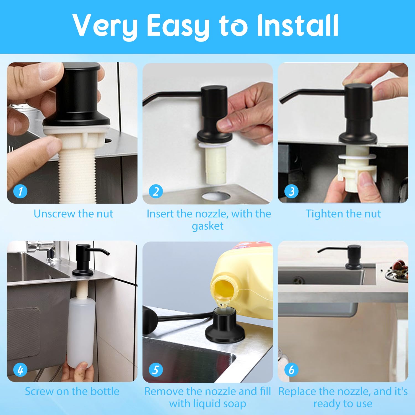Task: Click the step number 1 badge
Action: click(20, 191)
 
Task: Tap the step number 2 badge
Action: click(156, 191)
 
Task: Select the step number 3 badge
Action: click(292, 191)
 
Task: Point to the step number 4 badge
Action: click(20, 370)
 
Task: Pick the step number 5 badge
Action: click(156, 370)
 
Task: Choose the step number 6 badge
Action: click(292, 370)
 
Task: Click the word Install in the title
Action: click(298, 25)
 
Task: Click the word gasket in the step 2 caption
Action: click(207, 226)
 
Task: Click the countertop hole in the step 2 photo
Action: click(216, 196)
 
